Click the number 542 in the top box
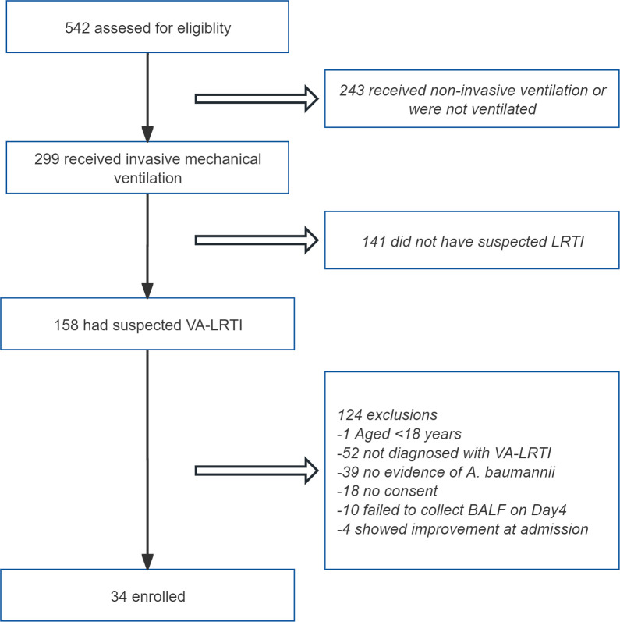(77, 28)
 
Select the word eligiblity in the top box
(204, 29)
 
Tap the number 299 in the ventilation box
(47, 159)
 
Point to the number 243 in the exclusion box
(352, 91)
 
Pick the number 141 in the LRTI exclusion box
(374, 242)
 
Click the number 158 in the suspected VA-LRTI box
(66, 325)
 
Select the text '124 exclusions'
(388, 414)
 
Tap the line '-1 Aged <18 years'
(399, 434)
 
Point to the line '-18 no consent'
(388, 491)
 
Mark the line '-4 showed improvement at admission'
(462, 529)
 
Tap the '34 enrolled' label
(148, 596)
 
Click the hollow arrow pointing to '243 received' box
(257, 99)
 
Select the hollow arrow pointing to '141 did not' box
(257, 240)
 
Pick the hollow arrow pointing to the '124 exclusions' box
(257, 471)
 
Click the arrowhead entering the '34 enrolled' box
(147, 562)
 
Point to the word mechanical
(223, 159)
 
